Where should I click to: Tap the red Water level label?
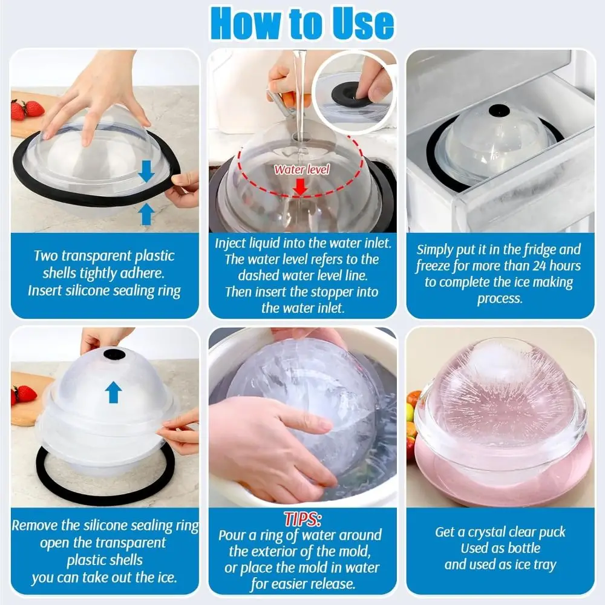tap(302, 169)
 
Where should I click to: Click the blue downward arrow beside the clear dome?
tap(146, 171)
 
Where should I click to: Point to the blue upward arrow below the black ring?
tap(146, 214)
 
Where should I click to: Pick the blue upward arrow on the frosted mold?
tap(113, 392)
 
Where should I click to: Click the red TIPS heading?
tap(302, 519)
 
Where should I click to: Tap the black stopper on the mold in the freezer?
tap(499, 111)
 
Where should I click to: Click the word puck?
tap(552, 532)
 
